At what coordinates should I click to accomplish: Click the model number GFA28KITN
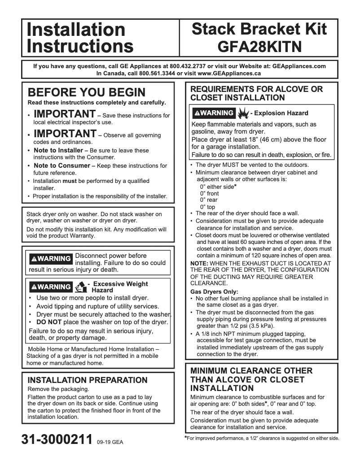[259, 46]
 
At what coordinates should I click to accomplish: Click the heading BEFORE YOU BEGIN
[87, 92]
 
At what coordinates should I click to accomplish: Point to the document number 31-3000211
[57, 439]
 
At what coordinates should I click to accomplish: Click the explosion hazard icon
[243, 113]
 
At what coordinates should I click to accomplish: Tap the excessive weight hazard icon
[81, 287]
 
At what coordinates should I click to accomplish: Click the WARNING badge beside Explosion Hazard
[213, 113]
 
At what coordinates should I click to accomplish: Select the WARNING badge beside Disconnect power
[50, 259]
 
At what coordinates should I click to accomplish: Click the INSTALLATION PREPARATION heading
[88, 380]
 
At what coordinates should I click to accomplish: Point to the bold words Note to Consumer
[61, 166]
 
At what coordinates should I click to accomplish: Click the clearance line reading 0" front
[210, 194]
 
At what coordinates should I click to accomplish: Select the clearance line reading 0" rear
[209, 200]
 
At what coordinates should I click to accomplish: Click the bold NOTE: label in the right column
[199, 263]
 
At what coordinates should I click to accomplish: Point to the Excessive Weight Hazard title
[119, 287]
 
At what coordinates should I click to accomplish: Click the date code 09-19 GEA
[110, 442]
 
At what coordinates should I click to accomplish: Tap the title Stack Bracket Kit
[259, 29]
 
